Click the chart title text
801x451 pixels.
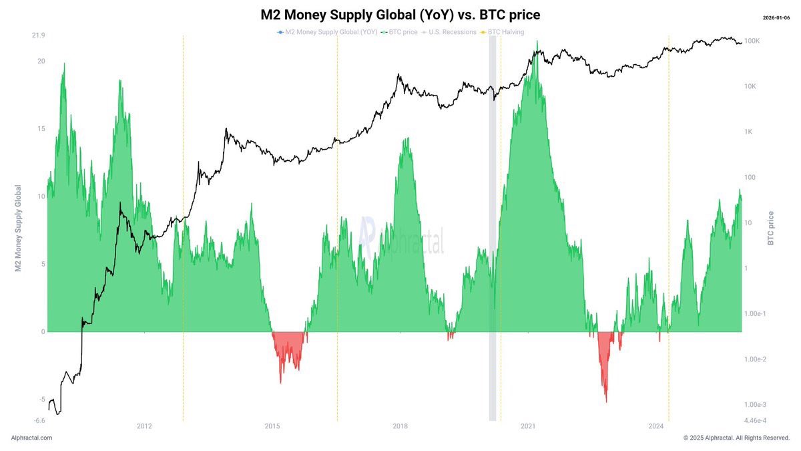(400, 15)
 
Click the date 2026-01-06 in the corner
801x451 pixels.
(777, 17)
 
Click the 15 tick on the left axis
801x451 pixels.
(41, 129)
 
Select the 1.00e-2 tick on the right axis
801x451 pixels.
(758, 359)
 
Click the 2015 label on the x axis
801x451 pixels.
(272, 426)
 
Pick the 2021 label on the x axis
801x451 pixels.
(528, 426)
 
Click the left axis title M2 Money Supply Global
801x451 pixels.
(19, 228)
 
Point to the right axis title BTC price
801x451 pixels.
(771, 228)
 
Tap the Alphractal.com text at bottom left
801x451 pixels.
(31, 438)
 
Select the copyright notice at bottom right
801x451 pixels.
(736, 438)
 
